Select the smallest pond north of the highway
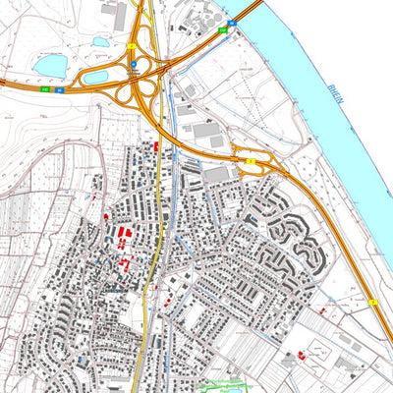[101, 42]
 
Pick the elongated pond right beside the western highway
[95, 76]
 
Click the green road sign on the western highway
[45, 88]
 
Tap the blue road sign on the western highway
[59, 88]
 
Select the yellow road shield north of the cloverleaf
[132, 46]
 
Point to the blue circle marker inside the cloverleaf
[134, 67]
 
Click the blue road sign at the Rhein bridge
[232, 22]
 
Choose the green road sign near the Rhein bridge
[223, 29]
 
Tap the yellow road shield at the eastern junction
[251, 159]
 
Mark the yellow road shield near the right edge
[373, 302]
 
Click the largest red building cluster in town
[124, 234]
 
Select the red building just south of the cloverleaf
[155, 145]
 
